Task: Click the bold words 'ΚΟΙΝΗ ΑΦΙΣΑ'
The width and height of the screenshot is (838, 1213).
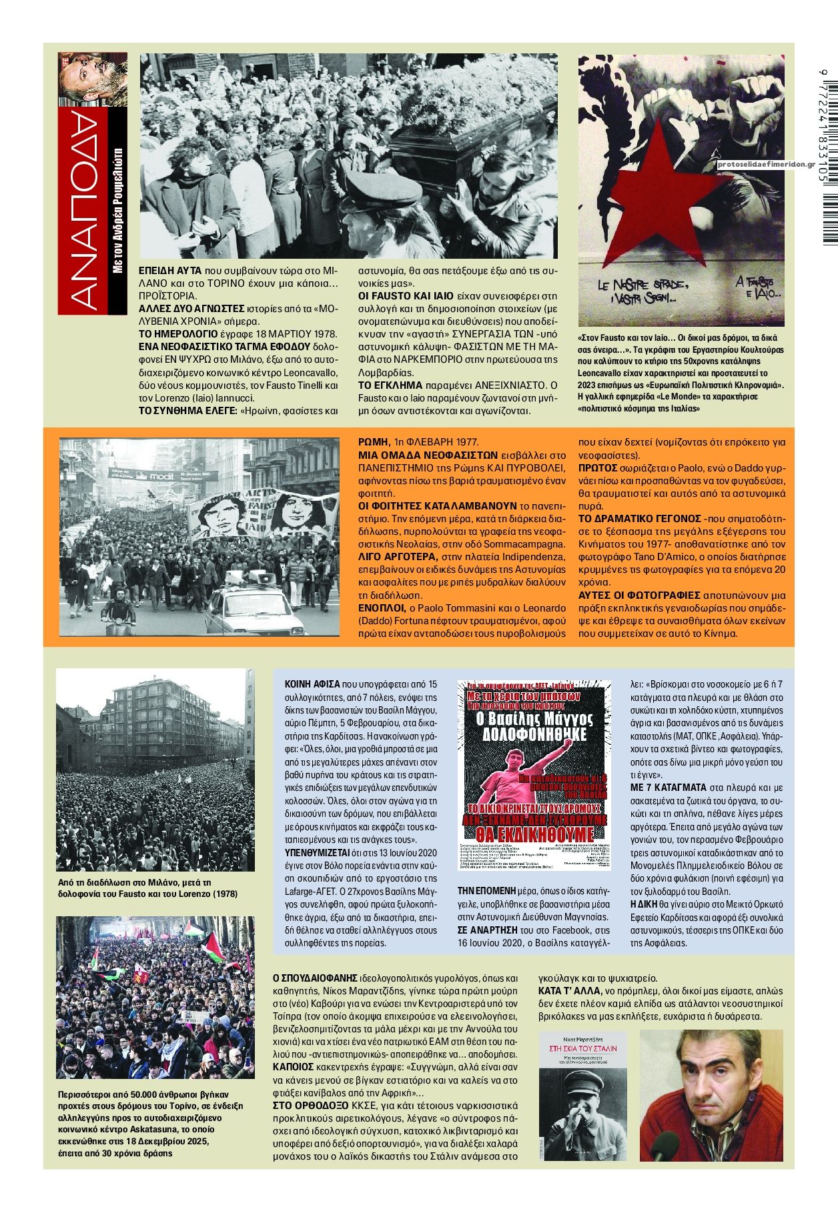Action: pyautogui.click(x=312, y=684)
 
